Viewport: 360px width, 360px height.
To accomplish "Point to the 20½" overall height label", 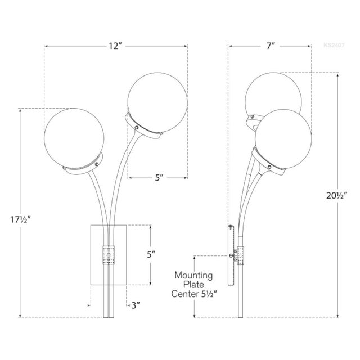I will coord(337,195).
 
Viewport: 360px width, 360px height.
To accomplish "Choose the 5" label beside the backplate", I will coord(150,254).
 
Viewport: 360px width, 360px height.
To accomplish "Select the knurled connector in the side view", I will coord(240,256).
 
